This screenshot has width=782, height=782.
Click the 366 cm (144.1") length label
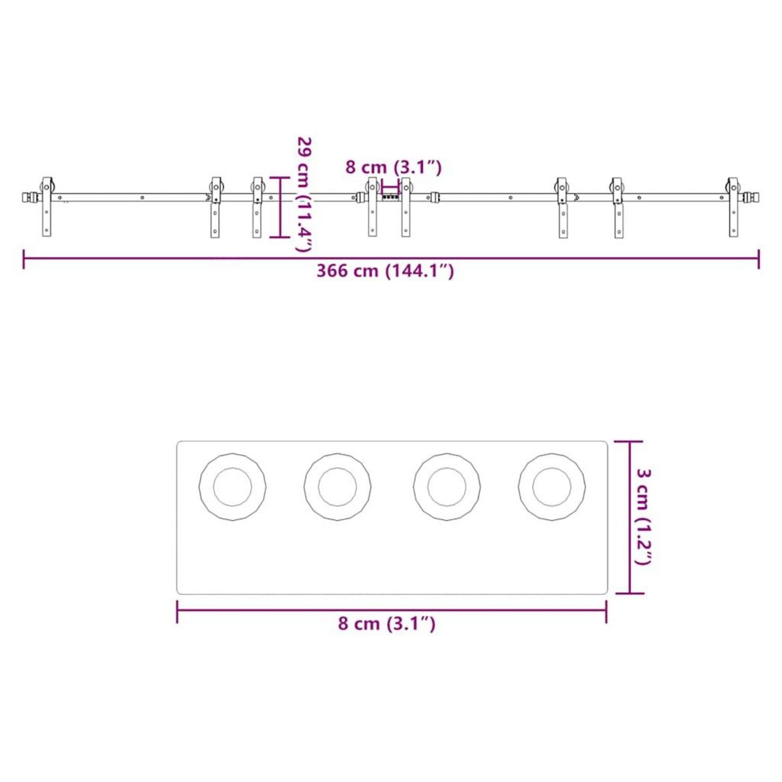click(385, 271)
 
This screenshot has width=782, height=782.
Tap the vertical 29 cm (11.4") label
click(304, 194)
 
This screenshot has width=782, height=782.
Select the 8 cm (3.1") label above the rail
click(394, 167)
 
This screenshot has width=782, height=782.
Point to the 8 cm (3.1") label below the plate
click(386, 624)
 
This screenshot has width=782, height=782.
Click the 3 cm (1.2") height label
click(643, 517)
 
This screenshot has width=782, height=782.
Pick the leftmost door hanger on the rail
click(47, 206)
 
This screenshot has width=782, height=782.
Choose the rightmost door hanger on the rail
click(734, 206)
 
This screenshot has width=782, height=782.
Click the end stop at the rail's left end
click(28, 197)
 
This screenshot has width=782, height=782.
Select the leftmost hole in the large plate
click(233, 487)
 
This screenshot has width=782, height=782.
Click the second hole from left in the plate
click(338, 487)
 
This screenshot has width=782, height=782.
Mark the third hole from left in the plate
click(447, 487)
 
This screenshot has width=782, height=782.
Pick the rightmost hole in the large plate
click(552, 487)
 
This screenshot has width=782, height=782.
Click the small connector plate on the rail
click(390, 196)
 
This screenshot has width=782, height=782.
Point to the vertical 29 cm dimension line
click(280, 207)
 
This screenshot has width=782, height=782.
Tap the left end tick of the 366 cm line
click(24, 259)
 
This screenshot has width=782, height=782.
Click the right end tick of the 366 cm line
click(759, 259)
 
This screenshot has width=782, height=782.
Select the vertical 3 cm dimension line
click(630, 517)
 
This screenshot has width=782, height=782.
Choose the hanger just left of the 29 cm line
click(257, 206)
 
